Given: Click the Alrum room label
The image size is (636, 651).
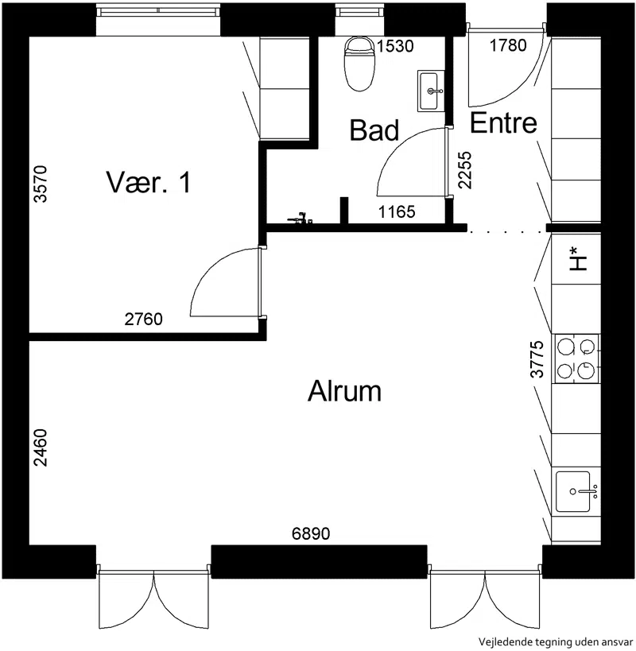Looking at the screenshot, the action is point(344,391).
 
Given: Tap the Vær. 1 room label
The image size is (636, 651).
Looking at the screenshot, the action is point(149,182).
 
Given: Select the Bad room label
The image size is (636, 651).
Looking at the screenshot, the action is point(374,130).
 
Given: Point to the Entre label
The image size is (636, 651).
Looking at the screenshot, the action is point(503,123).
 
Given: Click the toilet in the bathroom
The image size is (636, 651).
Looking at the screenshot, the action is point(359,64).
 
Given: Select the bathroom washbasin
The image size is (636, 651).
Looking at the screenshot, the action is point(431,91).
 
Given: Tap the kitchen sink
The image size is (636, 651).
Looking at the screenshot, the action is point(576,491).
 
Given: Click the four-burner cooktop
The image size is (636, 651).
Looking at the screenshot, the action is point(576,359).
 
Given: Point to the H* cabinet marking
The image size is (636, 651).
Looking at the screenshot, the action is point(578,258).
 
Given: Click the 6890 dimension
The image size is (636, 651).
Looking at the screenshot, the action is point(311,533).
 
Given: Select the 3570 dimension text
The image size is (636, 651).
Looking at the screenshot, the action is point(41,184).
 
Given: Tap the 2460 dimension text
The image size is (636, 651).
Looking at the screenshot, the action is point(41,448).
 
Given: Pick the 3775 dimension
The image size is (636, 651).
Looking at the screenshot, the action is point(537,359).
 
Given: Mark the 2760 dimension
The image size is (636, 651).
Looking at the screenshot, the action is point(144,320).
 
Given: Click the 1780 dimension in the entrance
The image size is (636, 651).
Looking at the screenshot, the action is point(508,45).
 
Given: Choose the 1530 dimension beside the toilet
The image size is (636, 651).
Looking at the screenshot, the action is point(395,46).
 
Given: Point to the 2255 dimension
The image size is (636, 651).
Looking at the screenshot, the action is point(465,170).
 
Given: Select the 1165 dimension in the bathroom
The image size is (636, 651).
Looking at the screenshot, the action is point(397,212).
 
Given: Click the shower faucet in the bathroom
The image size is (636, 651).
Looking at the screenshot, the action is point(300,218).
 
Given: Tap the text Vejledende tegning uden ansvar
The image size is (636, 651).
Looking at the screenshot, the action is point(556,642).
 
